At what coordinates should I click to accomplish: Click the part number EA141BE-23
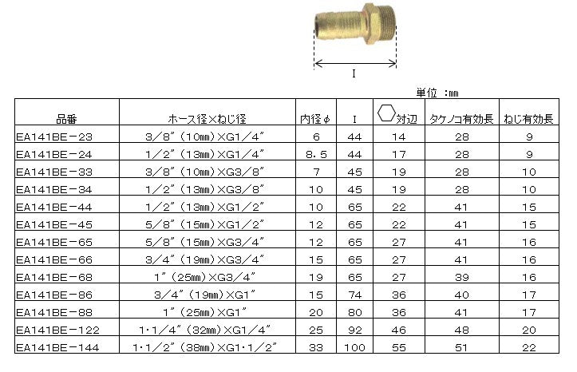coord(54,137)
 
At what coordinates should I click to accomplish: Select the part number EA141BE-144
coord(57,347)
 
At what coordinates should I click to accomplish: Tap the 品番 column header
coord(66,119)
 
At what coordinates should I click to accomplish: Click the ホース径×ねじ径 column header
coord(207,119)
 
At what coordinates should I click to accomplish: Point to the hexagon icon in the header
coord(386,113)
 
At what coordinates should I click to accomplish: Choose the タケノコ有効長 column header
coord(461,119)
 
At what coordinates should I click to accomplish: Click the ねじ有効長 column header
coord(529,119)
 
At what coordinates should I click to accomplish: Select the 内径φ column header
coord(315,119)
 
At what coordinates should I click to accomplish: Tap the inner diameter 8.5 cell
coord(316,155)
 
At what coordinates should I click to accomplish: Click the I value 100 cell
coord(354,347)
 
